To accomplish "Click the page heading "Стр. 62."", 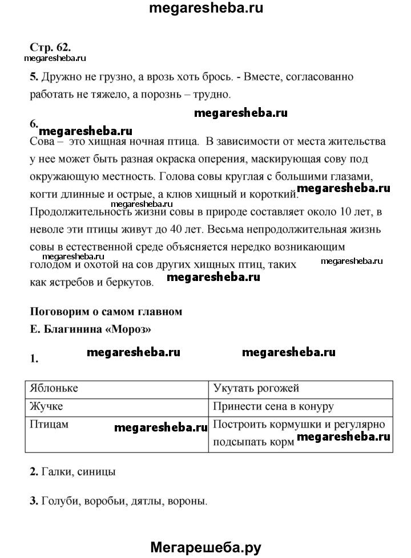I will tap(50, 46).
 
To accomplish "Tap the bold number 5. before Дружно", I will tap(33, 76).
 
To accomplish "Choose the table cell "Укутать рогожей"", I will tap(256, 388).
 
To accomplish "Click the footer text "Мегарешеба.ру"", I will tap(205, 547).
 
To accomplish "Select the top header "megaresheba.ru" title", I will tap(205, 9).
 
